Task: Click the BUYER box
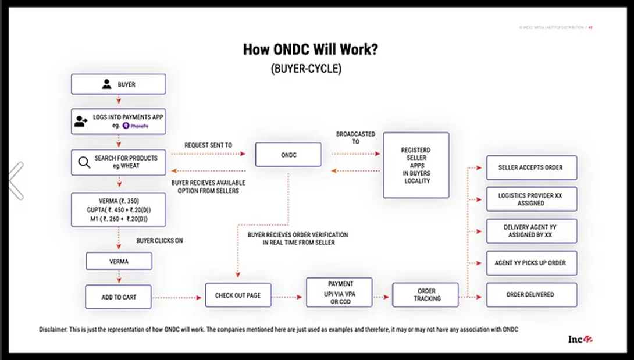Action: click(x=118, y=84)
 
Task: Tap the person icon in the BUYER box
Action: click(x=106, y=84)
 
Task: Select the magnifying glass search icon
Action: click(x=84, y=162)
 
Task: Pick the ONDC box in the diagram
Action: click(x=288, y=154)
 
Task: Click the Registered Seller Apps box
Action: click(x=415, y=165)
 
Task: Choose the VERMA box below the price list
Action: click(x=119, y=262)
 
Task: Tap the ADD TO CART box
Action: click(x=119, y=297)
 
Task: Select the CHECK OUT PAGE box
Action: click(x=238, y=295)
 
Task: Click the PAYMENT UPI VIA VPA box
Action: click(x=340, y=293)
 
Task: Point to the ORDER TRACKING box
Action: click(x=426, y=295)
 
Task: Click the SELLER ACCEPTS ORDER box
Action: click(x=531, y=167)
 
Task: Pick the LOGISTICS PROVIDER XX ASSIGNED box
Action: click(x=531, y=199)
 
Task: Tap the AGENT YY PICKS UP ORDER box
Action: click(x=531, y=263)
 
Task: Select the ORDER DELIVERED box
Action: click(x=531, y=295)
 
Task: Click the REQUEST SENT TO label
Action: click(x=207, y=144)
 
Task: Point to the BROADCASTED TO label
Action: click(x=355, y=138)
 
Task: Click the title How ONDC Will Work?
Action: click(x=311, y=49)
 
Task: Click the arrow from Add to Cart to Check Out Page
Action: click(x=179, y=297)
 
